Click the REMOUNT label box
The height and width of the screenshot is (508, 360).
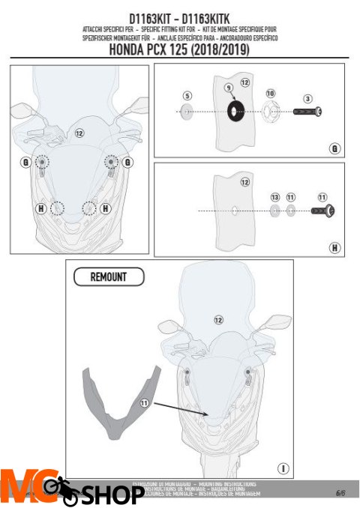click(108, 276)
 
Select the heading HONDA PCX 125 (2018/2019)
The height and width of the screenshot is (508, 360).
click(179, 51)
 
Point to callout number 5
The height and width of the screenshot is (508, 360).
click(187, 96)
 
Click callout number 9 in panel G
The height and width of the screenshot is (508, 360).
click(229, 88)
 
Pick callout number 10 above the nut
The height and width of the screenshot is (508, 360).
click(270, 93)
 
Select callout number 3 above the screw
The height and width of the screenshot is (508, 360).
click(307, 98)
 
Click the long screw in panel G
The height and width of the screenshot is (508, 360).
click(306, 112)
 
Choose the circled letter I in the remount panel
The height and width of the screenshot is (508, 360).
click(283, 468)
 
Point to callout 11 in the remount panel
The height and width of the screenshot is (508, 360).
click(145, 402)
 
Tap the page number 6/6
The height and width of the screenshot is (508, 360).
click(340, 492)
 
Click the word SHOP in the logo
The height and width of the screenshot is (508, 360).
click(112, 495)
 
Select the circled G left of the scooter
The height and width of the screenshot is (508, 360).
click(25, 162)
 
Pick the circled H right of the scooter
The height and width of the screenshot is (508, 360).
click(105, 207)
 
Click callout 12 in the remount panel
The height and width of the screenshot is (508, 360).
click(218, 319)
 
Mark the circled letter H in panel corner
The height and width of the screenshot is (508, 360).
click(334, 247)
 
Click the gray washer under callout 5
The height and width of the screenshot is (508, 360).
click(187, 112)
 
